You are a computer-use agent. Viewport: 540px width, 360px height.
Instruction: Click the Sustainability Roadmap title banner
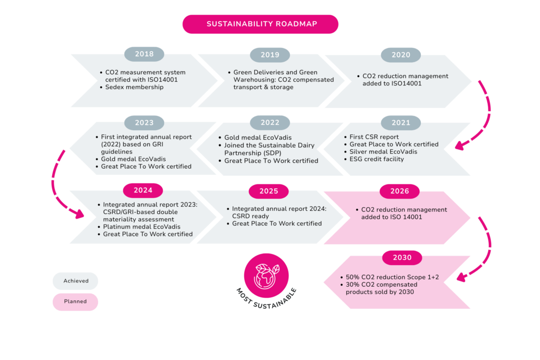click(x=261, y=24)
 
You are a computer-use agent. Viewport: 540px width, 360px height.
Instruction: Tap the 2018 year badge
click(x=144, y=54)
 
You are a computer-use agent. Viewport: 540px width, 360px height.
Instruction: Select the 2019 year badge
click(x=270, y=55)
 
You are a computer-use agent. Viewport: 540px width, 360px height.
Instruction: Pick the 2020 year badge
click(x=401, y=55)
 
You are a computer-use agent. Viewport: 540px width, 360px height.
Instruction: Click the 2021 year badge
click(x=401, y=122)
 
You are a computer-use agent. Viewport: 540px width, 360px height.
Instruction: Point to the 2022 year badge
click(x=270, y=122)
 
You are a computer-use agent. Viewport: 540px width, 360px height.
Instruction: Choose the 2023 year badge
click(x=144, y=122)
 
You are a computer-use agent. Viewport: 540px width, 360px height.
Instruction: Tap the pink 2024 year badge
click(x=143, y=190)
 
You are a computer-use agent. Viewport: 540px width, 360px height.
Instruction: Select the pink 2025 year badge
click(x=268, y=191)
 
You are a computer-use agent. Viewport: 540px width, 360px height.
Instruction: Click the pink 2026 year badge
click(x=400, y=191)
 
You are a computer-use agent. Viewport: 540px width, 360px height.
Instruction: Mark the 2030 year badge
click(x=402, y=257)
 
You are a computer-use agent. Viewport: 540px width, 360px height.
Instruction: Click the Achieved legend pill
click(x=75, y=281)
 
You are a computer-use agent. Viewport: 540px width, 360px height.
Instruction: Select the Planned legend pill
click(x=75, y=302)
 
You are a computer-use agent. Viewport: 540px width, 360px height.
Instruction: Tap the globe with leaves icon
click(x=266, y=276)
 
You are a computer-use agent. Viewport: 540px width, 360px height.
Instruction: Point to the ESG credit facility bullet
click(x=374, y=159)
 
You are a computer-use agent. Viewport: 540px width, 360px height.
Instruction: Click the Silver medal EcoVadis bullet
click(x=381, y=152)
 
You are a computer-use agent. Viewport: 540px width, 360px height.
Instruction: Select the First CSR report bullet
click(x=371, y=137)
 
